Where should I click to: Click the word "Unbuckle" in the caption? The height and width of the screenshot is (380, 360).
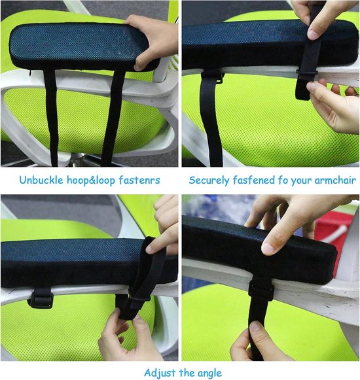[41, 180]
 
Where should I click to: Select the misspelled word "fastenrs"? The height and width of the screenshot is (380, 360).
[139, 181]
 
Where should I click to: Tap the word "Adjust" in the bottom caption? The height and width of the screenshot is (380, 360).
[160, 373]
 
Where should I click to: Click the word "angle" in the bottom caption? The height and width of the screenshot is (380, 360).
[209, 373]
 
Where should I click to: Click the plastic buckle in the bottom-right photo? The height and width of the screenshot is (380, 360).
[261, 290]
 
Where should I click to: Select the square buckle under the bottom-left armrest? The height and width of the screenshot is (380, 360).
[41, 299]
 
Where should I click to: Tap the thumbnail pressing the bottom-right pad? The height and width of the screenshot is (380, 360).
[268, 249]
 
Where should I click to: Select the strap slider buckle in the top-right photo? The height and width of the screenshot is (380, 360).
[307, 73]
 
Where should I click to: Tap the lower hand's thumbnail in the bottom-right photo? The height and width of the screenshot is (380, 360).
[255, 328]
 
